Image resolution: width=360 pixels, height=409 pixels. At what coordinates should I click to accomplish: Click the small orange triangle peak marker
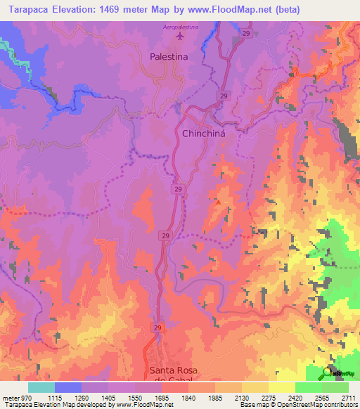tap(218, 202)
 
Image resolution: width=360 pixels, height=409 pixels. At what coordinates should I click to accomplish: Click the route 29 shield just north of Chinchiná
tap(223, 96)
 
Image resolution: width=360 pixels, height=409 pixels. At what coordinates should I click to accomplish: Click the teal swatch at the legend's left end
tap(41, 387)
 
